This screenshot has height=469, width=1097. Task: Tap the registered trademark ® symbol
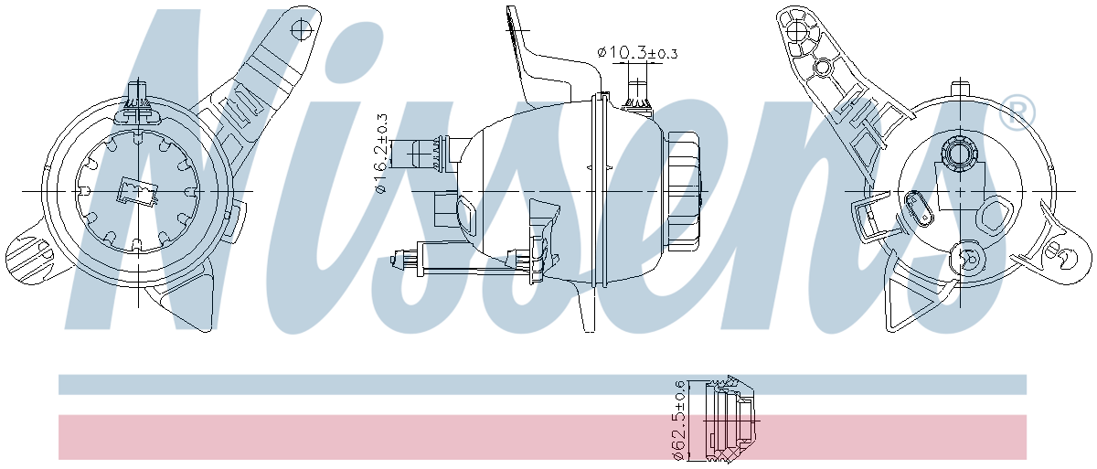(1017, 112)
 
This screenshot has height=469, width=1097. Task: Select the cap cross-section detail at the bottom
(730, 419)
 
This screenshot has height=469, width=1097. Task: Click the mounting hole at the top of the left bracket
(301, 30)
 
